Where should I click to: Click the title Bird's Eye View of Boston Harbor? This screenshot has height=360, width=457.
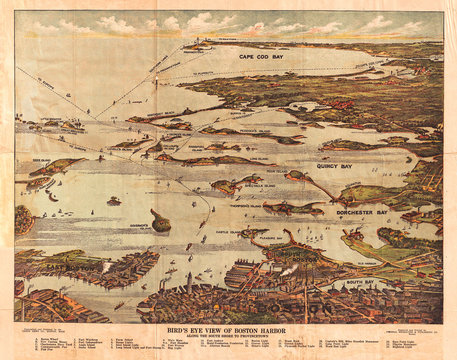(229, 329)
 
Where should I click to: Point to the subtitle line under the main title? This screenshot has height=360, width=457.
(229, 336)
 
